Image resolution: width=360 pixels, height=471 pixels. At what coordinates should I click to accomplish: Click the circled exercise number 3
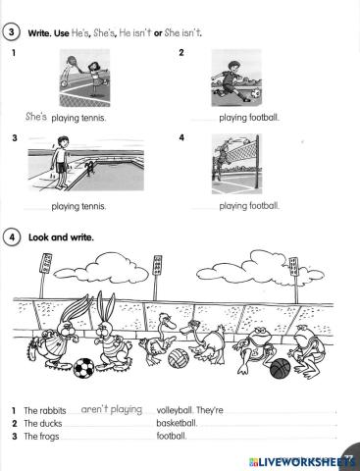[12, 32]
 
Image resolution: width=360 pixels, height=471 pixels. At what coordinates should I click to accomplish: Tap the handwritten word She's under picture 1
[36, 117]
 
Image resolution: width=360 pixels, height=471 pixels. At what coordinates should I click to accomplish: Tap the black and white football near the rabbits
[83, 368]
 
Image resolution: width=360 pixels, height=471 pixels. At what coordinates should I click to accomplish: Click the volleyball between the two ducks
[178, 359]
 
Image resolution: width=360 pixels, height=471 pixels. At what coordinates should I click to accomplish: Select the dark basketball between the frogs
[281, 368]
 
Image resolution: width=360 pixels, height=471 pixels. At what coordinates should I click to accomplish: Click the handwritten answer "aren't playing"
[112, 409]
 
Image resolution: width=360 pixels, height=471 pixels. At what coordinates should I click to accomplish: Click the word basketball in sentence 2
[177, 423]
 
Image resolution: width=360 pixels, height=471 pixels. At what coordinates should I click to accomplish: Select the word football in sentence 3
[172, 436]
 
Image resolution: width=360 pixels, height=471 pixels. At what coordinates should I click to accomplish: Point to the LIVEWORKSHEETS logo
[299, 459]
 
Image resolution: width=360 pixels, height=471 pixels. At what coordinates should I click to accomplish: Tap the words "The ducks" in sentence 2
[43, 423]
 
